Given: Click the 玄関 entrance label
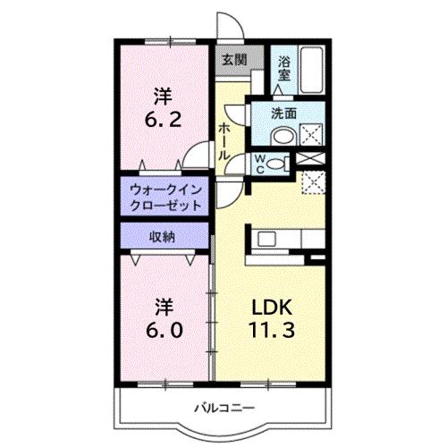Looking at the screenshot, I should pyautogui.click(x=233, y=60).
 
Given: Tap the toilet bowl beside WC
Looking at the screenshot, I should pyautogui.click(x=278, y=163).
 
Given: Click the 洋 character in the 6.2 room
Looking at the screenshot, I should pyautogui.click(x=161, y=94).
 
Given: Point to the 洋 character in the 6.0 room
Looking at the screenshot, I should pyautogui.click(x=161, y=305).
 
